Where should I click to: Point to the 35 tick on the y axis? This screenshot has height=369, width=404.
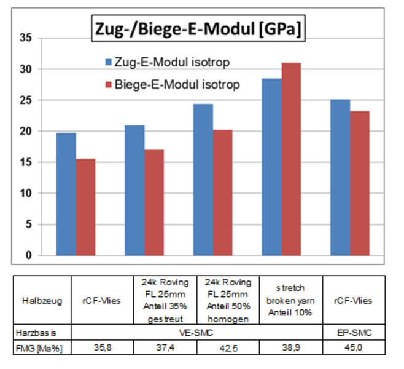click(x=25, y=38)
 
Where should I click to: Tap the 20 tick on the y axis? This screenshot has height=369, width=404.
click(x=25, y=131)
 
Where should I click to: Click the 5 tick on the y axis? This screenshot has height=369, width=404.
click(x=28, y=224)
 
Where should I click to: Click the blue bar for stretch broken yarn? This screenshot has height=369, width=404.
click(x=271, y=167)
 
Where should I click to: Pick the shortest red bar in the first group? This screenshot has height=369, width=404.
click(x=86, y=207)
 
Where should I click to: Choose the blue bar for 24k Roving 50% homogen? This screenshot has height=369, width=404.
click(x=203, y=180)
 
